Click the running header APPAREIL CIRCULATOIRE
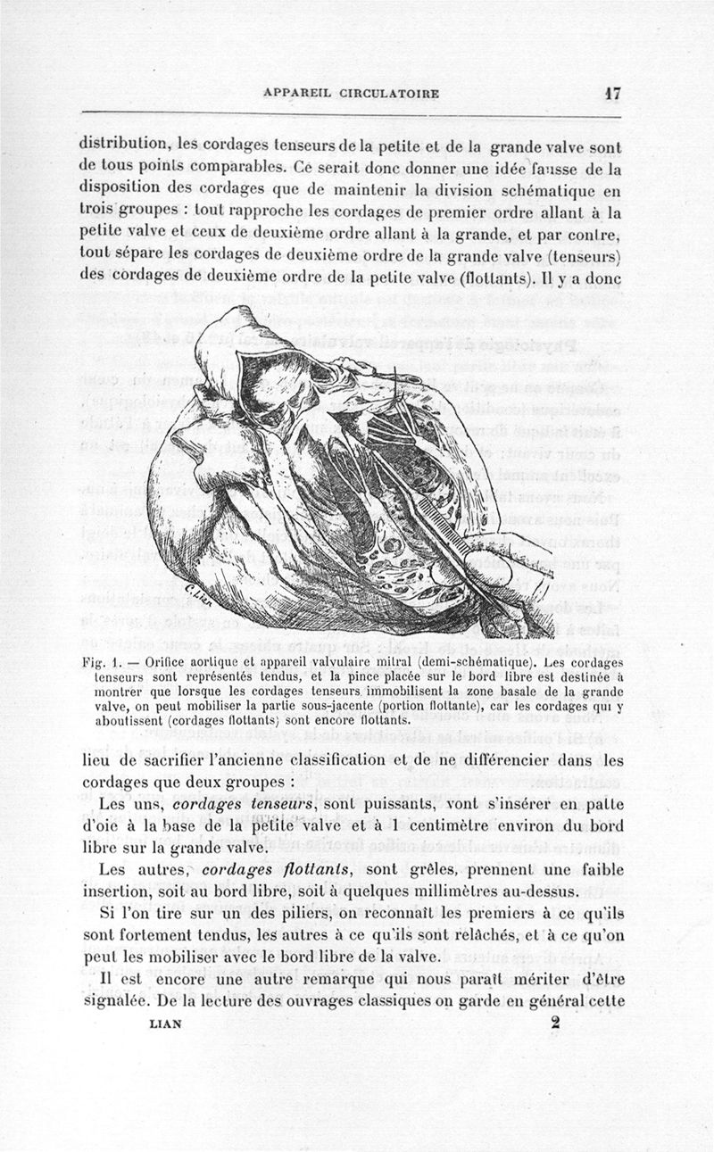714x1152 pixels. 351,94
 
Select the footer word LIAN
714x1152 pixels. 163,1024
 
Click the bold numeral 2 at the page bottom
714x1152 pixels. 554,1024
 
